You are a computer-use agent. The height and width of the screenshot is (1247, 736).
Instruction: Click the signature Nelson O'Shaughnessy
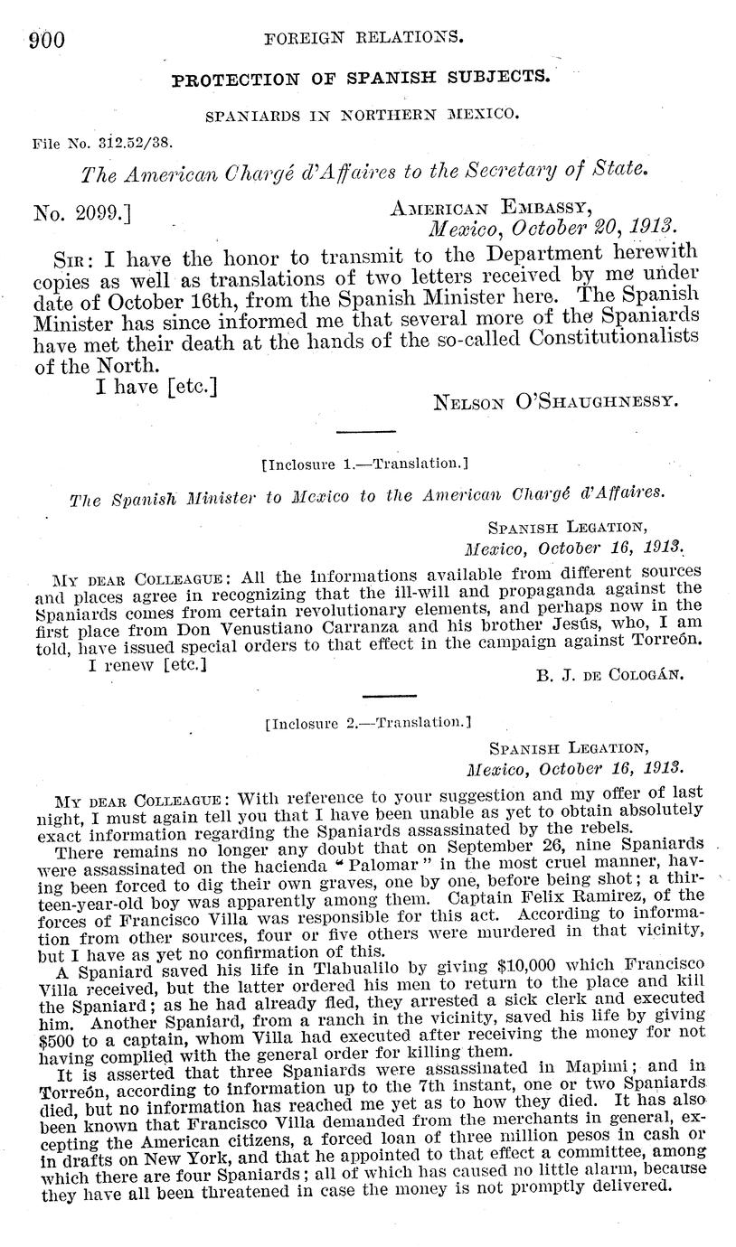[556, 400]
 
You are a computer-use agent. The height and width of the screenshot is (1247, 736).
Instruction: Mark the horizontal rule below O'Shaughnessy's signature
[365, 431]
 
